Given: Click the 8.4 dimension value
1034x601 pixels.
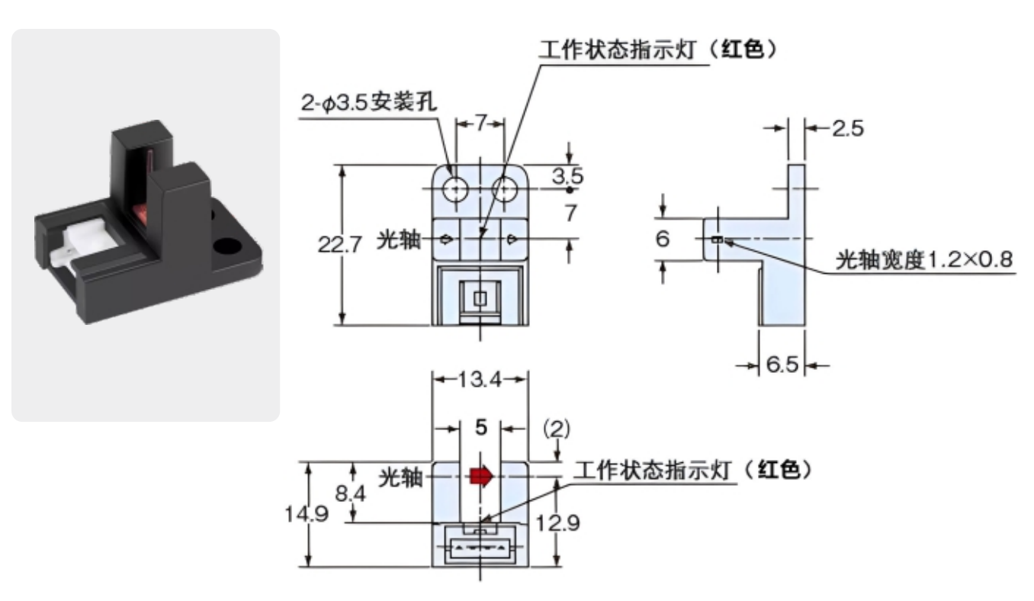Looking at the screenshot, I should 352,493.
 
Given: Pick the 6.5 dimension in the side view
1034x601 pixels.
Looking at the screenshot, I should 783,365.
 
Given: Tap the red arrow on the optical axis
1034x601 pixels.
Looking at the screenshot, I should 481,477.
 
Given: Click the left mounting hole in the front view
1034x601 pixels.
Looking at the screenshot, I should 456,189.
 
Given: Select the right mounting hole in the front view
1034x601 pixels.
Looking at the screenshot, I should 504,189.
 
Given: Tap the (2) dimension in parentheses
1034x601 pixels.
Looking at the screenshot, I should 556,428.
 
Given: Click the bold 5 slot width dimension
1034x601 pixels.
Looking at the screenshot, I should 480,428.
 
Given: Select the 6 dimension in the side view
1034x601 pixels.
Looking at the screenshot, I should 663,239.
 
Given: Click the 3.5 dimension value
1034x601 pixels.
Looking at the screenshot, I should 568,177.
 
